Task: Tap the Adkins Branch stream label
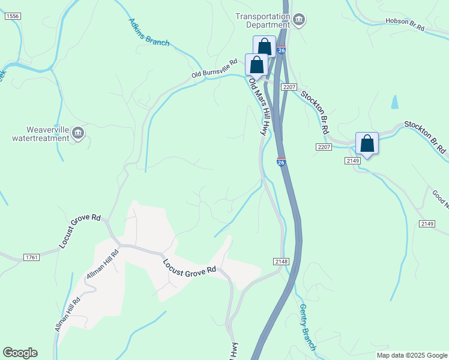(x=149, y=32)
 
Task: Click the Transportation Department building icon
(x=299, y=22)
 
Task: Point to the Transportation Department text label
(x=262, y=21)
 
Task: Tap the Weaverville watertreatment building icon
(x=77, y=132)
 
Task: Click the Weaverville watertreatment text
(x=40, y=134)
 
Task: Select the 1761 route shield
(x=32, y=257)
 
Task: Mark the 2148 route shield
(x=282, y=261)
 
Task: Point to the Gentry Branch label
(x=307, y=327)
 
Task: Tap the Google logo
(x=20, y=353)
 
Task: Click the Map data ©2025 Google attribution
(x=412, y=355)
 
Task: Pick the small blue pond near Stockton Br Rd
(x=394, y=103)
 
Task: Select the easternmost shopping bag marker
(x=367, y=144)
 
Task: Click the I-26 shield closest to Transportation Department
(x=282, y=50)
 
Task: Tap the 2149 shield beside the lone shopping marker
(x=352, y=161)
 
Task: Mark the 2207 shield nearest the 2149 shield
(x=324, y=147)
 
